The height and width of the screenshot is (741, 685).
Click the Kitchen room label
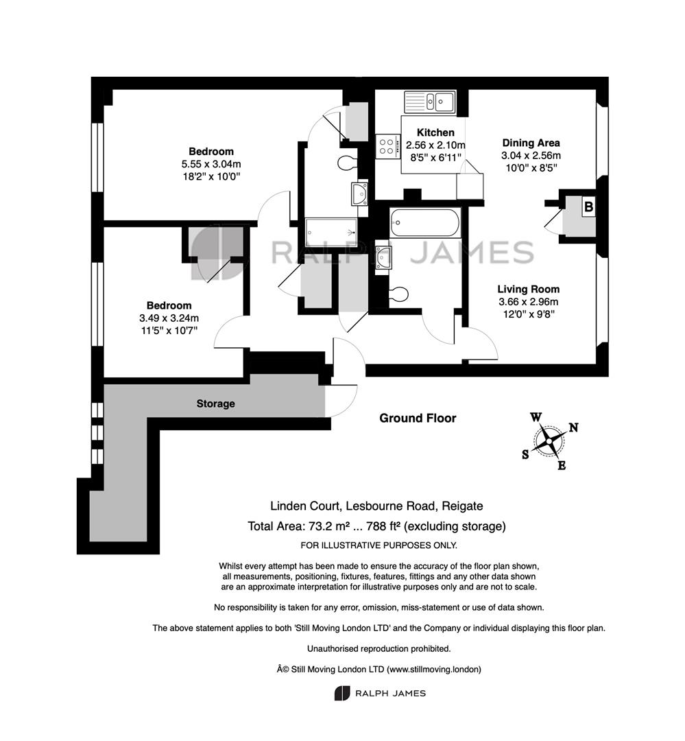[x=435, y=133]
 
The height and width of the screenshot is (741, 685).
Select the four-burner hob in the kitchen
[x=387, y=146]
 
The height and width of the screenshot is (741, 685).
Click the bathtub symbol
[x=424, y=222]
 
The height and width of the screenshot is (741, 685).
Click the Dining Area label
[x=531, y=143]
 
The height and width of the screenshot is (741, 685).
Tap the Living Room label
[x=528, y=290]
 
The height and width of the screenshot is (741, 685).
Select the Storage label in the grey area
[x=215, y=403]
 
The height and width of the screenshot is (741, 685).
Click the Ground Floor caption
[x=418, y=419]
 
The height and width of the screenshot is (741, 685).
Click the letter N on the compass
[x=573, y=427]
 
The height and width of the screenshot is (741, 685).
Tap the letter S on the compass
[x=525, y=455]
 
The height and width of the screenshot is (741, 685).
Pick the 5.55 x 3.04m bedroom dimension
[x=211, y=164]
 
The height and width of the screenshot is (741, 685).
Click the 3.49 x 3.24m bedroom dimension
[x=169, y=318]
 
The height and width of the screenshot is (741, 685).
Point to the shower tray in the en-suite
[x=331, y=232]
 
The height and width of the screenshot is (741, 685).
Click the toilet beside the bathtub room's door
[x=398, y=294]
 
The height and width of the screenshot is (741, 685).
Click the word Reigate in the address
[x=462, y=506]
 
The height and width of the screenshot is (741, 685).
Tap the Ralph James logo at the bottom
[x=380, y=693]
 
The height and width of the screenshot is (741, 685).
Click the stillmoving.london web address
[x=433, y=669]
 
